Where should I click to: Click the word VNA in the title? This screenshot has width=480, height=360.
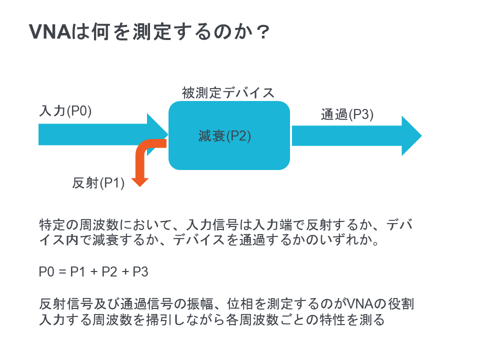50,31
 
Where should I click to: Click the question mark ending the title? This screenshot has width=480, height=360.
263,32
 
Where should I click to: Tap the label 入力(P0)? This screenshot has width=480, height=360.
65,110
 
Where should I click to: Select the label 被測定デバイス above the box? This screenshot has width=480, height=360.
228,93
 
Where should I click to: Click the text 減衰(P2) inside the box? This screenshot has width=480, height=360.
224,136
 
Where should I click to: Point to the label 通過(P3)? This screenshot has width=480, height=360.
347,114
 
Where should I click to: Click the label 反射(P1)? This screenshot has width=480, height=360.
98,183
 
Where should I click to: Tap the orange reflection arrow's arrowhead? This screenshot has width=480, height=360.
140,182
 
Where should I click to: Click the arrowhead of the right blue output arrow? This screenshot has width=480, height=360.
411,135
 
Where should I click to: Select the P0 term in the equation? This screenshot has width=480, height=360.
46,272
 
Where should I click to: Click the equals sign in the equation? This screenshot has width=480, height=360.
62,272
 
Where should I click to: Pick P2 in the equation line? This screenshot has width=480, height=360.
109,272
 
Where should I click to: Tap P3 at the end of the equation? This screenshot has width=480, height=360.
140,272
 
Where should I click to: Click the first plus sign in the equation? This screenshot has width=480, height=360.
93,272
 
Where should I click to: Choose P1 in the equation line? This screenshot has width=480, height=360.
78,272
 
